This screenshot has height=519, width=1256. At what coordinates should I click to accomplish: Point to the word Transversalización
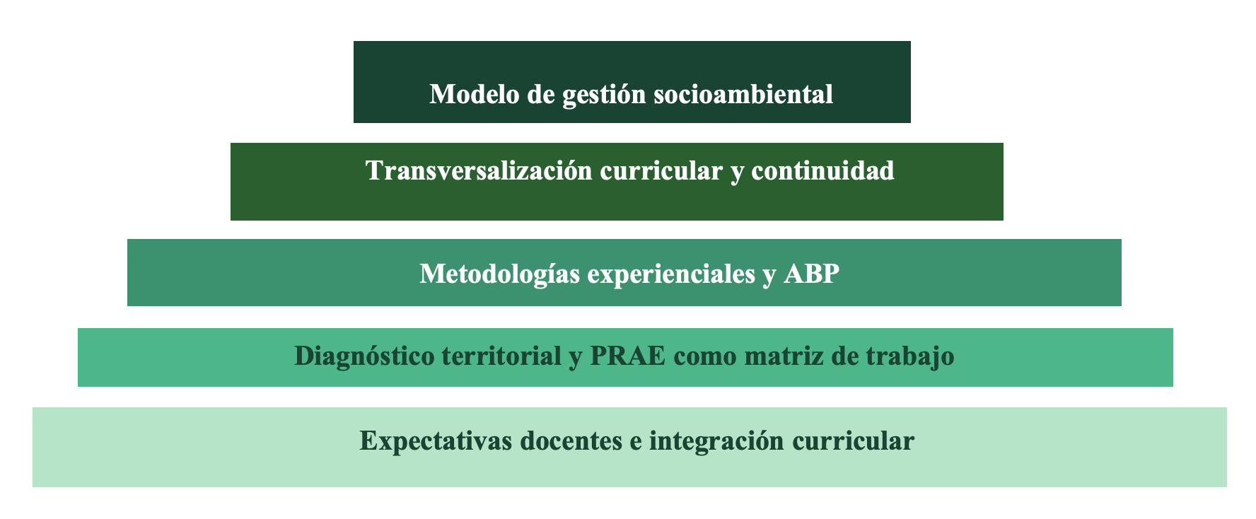pos(479,170)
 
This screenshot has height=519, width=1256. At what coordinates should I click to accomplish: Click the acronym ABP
pos(811,273)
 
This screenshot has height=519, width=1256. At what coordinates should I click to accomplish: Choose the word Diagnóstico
pos(364,356)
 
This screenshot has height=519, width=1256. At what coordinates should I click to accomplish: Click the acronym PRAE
pos(627,355)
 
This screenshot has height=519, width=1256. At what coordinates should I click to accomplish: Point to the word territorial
pos(501,355)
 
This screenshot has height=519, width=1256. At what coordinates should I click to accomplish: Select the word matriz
pos(784,355)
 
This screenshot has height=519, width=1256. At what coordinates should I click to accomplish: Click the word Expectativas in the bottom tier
pos(436,441)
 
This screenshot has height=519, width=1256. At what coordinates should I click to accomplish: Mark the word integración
pos(716,441)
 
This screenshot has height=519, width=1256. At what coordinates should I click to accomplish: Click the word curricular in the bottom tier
pos(853,440)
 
